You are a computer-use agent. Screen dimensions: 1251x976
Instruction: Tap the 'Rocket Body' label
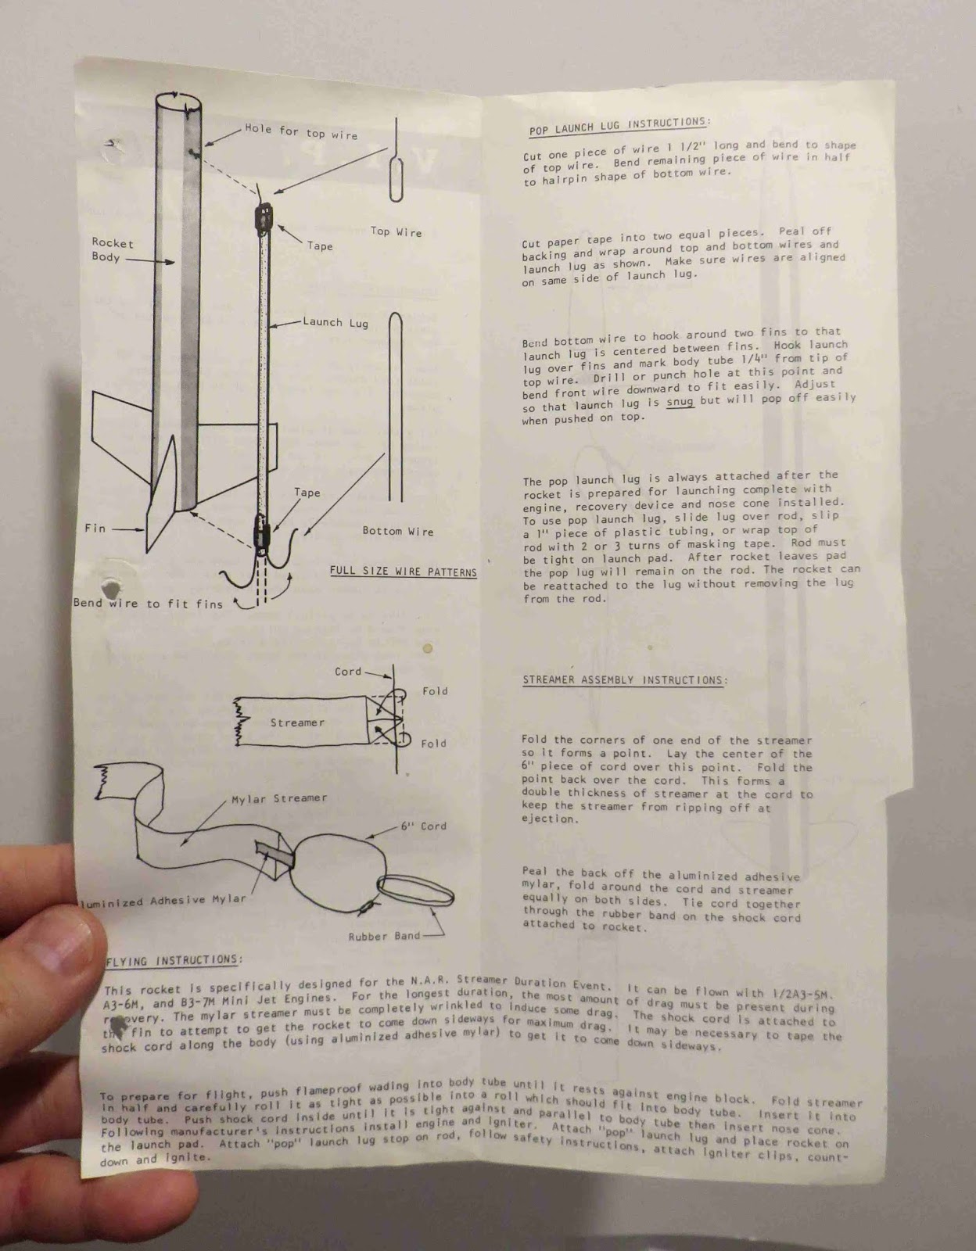[112, 250]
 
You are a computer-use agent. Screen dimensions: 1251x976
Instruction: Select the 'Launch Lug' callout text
[335, 322]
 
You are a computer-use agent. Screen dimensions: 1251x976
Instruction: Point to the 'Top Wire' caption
[396, 231]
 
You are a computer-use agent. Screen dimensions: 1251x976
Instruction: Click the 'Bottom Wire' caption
[397, 531]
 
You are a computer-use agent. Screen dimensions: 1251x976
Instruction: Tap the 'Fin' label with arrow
[95, 529]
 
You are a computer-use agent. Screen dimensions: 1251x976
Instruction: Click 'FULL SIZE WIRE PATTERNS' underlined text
[403, 572]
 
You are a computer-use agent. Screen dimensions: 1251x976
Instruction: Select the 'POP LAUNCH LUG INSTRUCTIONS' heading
[619, 126]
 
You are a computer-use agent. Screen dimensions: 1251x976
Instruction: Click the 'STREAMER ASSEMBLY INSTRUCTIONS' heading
[623, 679]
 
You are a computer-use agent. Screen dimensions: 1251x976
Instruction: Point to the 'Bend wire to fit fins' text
[148, 603]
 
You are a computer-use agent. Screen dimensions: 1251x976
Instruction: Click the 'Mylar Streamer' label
[279, 798]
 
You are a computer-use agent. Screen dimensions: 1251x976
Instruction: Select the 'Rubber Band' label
[384, 935]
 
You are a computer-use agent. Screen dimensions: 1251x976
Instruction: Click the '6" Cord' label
[423, 826]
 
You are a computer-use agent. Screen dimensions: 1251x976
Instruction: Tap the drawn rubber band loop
[416, 891]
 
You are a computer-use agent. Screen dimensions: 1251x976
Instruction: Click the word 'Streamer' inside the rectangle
[297, 722]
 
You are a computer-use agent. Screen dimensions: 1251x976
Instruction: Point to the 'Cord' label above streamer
[348, 671]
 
